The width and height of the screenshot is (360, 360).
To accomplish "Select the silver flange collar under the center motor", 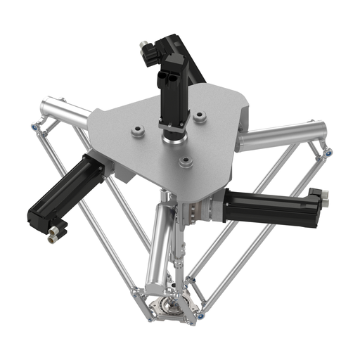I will point(172,136).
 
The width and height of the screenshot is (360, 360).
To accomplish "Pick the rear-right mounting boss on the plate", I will point(200,117).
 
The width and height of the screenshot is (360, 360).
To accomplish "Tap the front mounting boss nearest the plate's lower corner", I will point(186,162).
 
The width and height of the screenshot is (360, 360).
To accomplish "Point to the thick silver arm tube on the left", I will point(64,114).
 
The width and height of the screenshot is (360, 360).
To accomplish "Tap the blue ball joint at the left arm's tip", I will point(34,127).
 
